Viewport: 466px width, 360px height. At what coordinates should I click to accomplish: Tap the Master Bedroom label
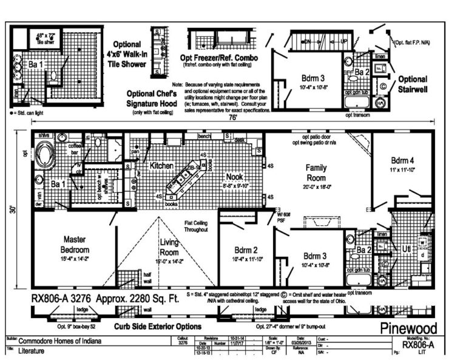(x=75, y=245)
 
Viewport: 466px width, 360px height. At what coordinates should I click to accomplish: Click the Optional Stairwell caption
(x=413, y=83)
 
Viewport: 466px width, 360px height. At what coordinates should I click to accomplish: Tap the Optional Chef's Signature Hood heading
(x=152, y=98)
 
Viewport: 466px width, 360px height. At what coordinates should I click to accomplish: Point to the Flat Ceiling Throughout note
(x=197, y=226)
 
